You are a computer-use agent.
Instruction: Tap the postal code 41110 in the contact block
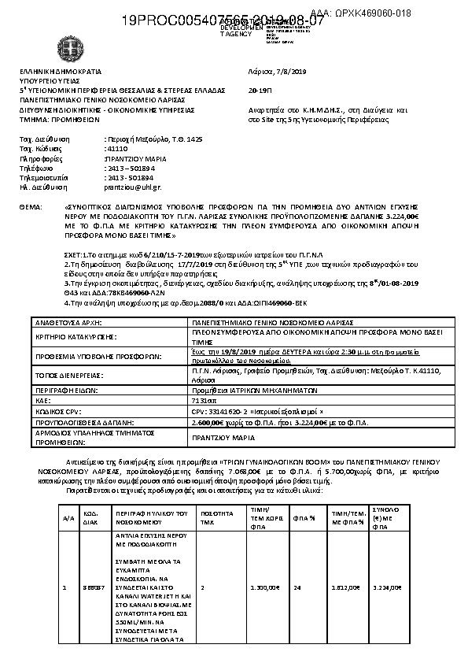(116, 148)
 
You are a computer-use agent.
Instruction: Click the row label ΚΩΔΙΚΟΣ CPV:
(56, 411)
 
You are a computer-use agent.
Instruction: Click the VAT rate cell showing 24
(297, 587)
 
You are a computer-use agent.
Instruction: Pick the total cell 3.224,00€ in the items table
(386, 587)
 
